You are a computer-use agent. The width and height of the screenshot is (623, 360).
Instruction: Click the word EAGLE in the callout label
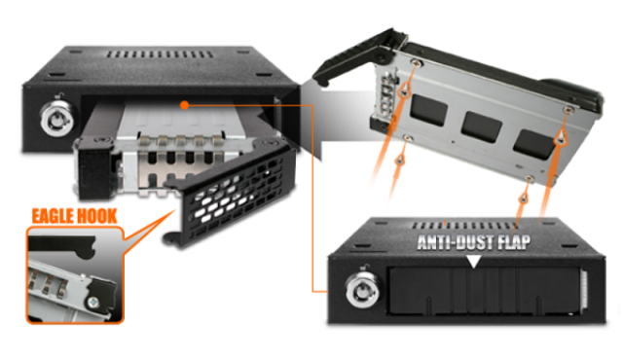coord(53,216)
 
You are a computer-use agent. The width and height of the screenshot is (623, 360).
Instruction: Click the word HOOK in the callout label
coord(97,216)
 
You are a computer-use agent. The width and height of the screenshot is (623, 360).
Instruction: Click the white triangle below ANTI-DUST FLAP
coord(474,262)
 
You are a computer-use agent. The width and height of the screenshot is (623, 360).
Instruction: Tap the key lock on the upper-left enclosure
coord(58,118)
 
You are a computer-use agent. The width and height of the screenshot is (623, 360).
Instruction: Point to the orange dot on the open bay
coord(184,105)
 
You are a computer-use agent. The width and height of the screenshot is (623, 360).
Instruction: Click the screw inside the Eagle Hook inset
coord(94,302)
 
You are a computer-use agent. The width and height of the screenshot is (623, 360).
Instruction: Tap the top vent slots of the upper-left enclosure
coord(159,54)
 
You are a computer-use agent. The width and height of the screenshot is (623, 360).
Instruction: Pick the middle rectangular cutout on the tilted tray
coord(482,126)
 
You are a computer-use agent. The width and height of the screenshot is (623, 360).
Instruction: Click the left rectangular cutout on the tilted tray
coord(429,110)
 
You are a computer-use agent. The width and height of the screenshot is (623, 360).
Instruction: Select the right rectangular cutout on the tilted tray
coord(533,144)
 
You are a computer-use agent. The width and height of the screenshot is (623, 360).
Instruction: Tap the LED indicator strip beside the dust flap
coord(584,290)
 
